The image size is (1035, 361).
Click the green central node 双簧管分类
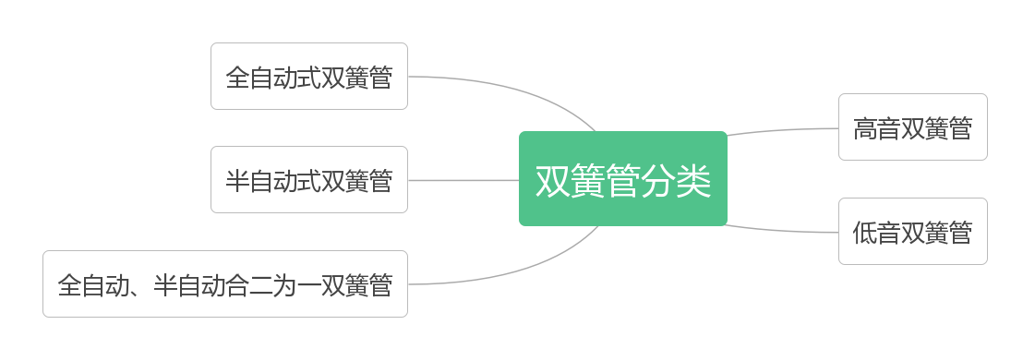coord(623,178)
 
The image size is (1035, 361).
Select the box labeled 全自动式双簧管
coord(308,76)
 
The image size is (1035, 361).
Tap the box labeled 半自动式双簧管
coord(308,179)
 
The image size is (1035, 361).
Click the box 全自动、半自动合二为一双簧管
coord(224,283)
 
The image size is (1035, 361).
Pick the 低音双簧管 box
coord(912,231)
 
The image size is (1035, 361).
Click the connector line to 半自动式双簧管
coord(462,180)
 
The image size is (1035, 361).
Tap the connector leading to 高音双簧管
coord(785,129)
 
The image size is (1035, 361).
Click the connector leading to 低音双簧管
coord(785,231)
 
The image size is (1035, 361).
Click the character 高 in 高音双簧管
coord(865,128)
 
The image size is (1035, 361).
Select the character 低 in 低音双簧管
coord(865,233)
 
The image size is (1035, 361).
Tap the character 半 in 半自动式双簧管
coord(237,181)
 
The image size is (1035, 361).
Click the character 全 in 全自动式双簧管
coord(237,78)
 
